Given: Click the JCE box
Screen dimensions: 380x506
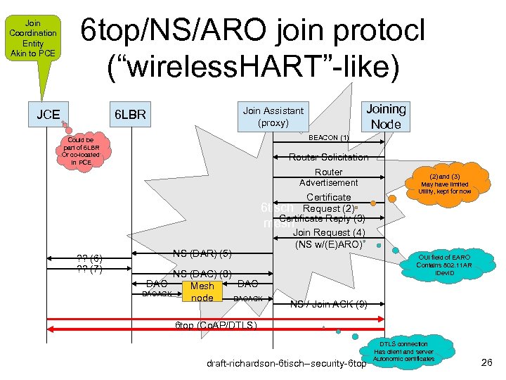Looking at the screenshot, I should (x=48, y=114).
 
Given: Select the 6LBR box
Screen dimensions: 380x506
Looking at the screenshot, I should (x=130, y=114).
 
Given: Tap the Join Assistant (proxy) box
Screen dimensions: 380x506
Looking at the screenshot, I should (x=273, y=116).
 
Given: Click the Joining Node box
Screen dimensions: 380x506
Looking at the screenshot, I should (x=385, y=116).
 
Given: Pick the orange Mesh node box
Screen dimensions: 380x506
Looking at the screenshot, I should (x=202, y=292).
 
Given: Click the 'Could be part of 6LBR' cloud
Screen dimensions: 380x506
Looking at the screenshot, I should (x=82, y=152).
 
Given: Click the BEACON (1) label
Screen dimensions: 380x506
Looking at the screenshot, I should (x=329, y=137).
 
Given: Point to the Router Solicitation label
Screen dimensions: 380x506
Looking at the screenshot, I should (x=328, y=157).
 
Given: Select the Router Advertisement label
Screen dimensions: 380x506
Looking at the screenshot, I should (x=328, y=177).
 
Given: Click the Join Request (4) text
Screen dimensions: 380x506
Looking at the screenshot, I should (x=329, y=232).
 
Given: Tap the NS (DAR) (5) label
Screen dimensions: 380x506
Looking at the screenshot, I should (x=202, y=253).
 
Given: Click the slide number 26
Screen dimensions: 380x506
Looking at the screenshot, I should (x=486, y=362).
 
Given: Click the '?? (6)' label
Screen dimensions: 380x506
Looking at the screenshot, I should (x=89, y=258).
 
